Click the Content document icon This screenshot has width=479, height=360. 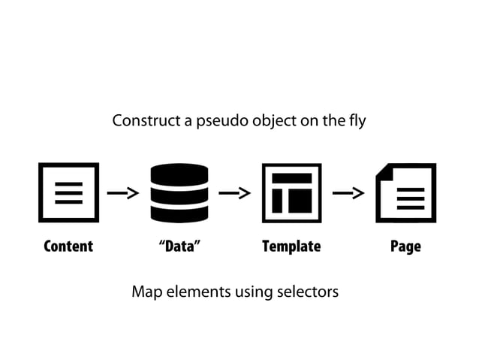[68, 192]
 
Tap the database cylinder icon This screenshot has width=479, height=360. [179, 192]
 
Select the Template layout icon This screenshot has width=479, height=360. [291, 192]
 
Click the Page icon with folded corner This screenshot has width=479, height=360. [405, 192]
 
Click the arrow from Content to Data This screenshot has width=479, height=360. [123, 194]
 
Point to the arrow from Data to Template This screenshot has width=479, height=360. [234, 194]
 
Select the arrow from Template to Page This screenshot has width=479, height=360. [348, 194]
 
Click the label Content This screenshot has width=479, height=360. [68, 247]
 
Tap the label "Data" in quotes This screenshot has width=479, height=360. [179, 247]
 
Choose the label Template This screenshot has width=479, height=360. [291, 247]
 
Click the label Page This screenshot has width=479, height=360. [405, 247]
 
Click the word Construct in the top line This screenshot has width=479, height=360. [141, 120]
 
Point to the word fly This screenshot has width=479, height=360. [356, 120]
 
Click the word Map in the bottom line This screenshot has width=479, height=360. [146, 292]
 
